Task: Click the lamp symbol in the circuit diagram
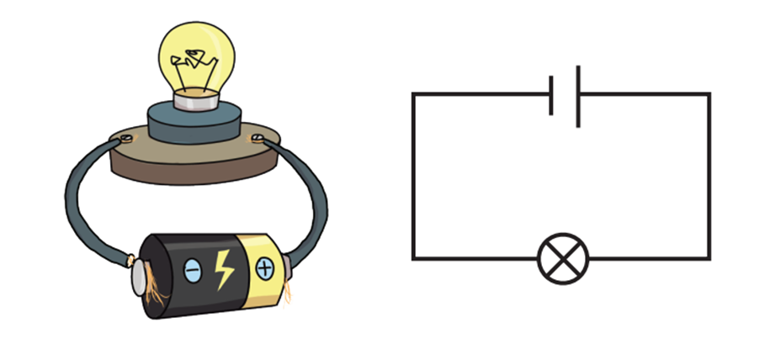click(563, 258)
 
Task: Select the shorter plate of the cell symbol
click(551, 94)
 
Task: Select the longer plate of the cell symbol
click(578, 94)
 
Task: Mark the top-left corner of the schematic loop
click(413, 94)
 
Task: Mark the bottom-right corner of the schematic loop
click(709, 258)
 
